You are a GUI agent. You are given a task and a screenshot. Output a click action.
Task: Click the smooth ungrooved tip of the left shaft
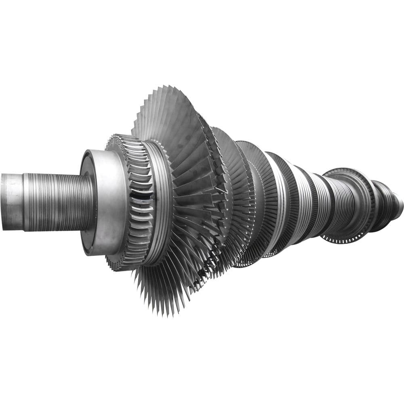(x=11, y=201)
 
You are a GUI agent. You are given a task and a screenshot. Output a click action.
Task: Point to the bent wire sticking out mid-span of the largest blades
(x=218, y=190)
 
